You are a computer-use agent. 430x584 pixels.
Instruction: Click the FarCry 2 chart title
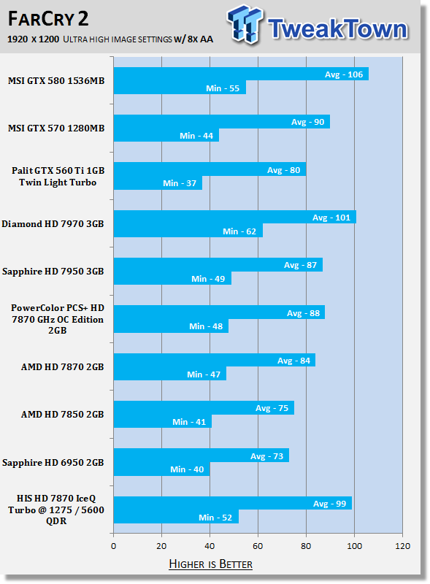(48, 19)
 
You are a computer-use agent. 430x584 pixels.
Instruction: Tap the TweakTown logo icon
(245, 24)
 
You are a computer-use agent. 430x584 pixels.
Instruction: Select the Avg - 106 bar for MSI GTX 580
(241, 74)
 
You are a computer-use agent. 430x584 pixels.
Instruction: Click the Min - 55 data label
(223, 88)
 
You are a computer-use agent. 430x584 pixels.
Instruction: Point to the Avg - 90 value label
(308, 122)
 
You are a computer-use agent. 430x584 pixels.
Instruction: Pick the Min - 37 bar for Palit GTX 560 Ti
(158, 183)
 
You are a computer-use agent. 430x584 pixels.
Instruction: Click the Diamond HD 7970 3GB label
(53, 224)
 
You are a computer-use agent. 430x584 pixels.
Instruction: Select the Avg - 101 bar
(235, 217)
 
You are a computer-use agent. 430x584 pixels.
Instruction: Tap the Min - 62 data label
(239, 231)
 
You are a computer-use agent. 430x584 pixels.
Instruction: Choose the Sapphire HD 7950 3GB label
(53, 272)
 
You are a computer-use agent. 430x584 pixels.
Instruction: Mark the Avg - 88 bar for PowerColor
(219, 312)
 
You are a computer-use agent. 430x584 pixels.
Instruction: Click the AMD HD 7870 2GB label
(63, 367)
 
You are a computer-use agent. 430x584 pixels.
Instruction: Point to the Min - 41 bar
(163, 422)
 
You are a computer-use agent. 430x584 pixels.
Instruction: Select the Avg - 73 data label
(266, 456)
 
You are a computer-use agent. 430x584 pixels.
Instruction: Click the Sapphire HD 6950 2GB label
(53, 463)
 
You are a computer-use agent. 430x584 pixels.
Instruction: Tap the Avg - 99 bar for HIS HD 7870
(232, 503)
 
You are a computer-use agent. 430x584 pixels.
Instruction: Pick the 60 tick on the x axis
(258, 546)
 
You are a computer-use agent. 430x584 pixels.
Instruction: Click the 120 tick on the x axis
(402, 546)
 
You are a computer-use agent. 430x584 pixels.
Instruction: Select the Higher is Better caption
(210, 564)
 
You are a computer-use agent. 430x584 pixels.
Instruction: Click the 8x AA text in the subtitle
(201, 39)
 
